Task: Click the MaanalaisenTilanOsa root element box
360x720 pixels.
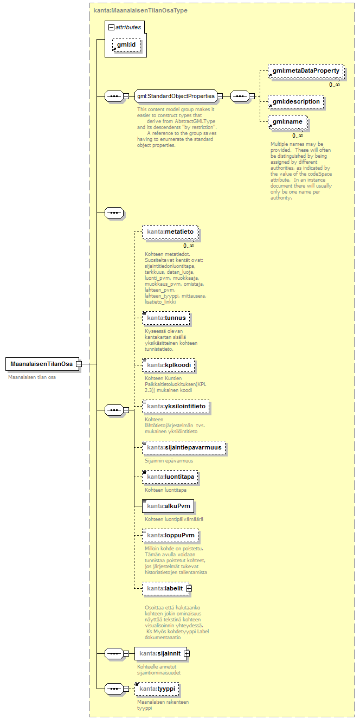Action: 41,364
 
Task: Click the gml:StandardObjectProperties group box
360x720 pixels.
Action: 176,97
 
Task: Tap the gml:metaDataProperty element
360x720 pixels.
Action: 306,71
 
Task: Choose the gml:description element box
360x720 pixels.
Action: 296,101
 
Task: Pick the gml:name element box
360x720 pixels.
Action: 287,122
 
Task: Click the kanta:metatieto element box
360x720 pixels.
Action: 170,233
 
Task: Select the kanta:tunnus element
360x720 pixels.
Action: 166,318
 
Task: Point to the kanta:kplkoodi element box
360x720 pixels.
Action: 168,365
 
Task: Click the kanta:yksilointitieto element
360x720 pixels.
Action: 176,406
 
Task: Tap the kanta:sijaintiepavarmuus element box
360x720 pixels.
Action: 184,448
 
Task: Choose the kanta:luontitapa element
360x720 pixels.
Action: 170,477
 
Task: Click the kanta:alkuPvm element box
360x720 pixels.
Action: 168,506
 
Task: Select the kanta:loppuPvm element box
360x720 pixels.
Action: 170,536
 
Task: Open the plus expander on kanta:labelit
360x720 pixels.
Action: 189,588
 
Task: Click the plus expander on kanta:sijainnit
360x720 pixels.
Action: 187,653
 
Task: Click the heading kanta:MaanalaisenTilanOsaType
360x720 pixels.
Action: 141,10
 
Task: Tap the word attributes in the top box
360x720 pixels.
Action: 128,27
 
